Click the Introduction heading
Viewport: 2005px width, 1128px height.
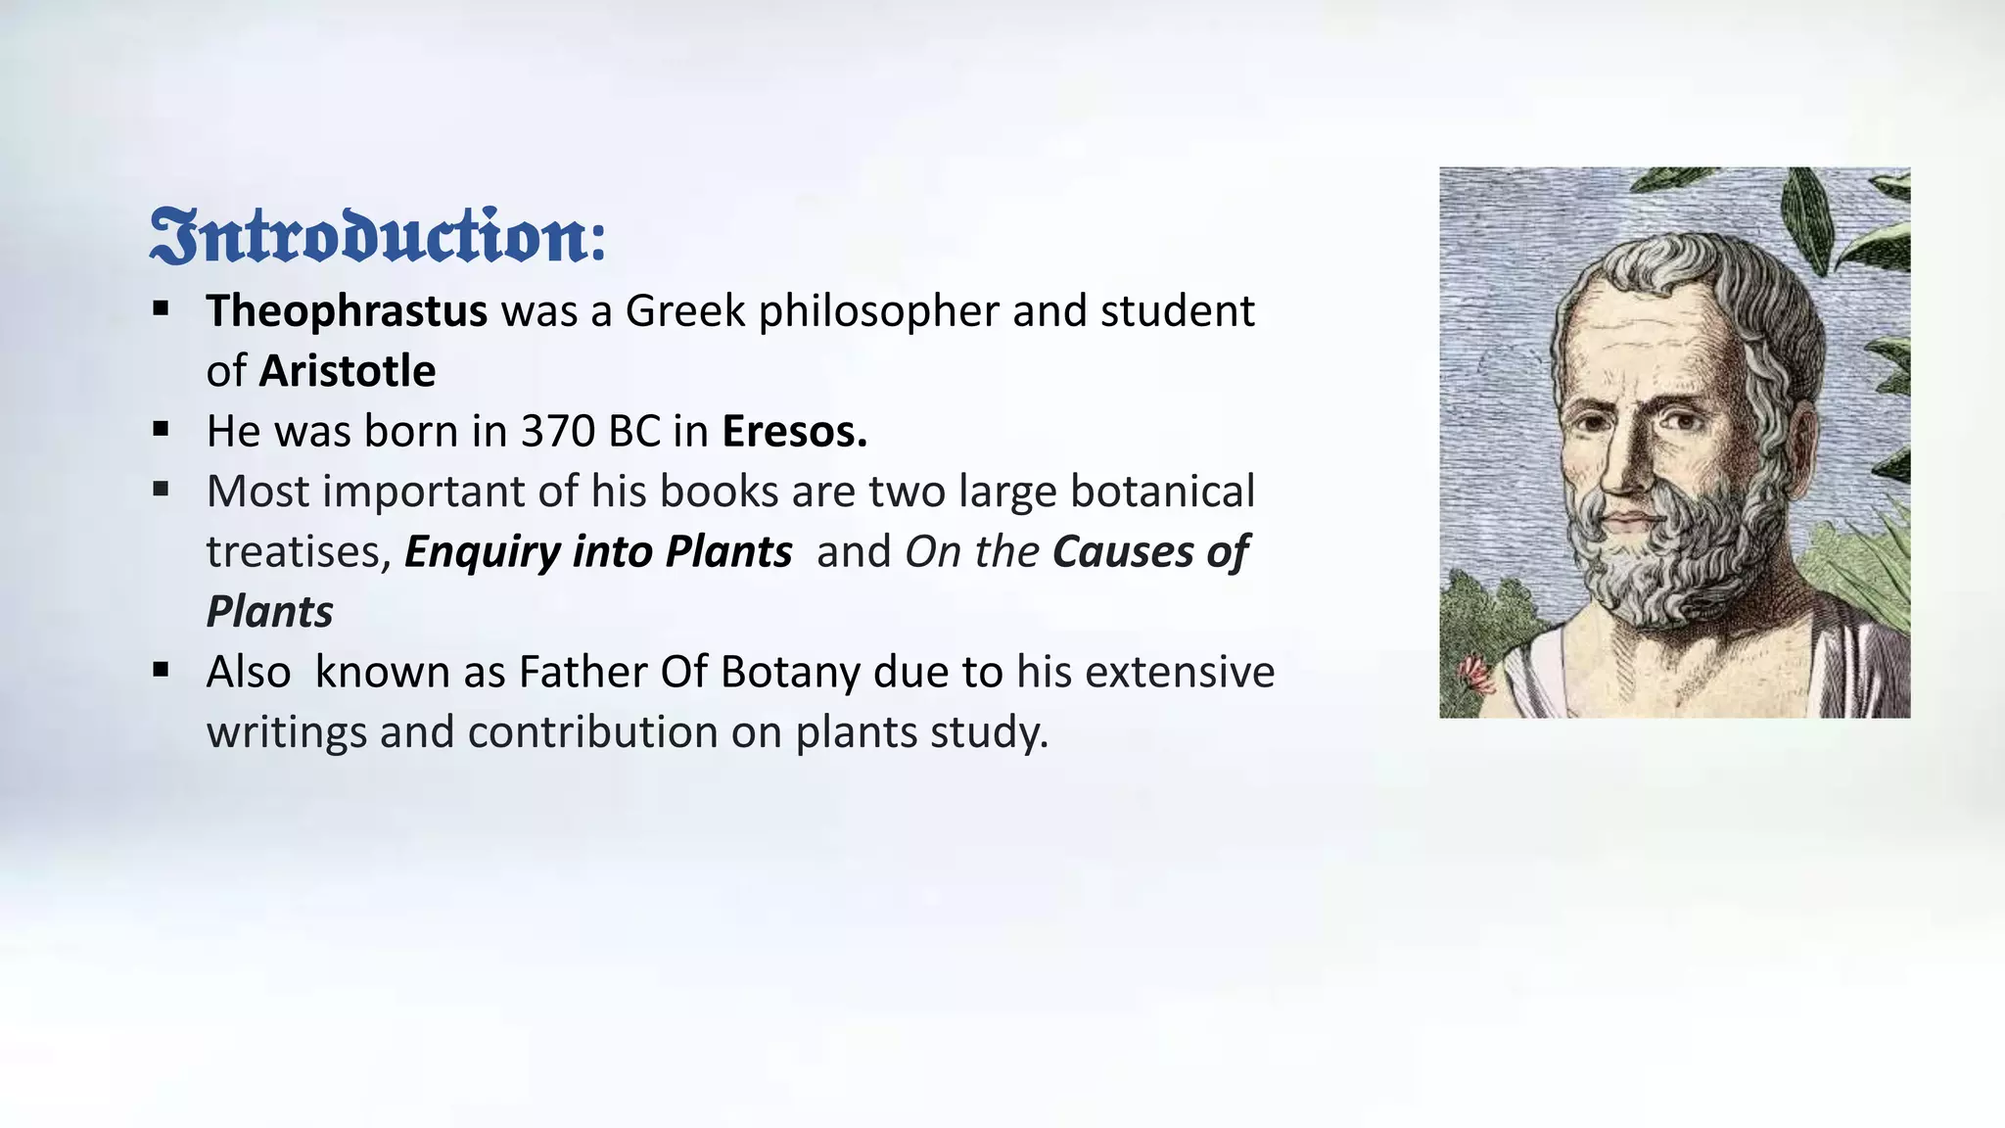[x=378, y=236]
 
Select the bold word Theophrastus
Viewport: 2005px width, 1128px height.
[x=347, y=311]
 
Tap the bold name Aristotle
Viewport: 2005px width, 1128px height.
[x=348, y=372]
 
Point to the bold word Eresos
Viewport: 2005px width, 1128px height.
[x=794, y=432]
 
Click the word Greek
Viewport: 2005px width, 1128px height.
[x=685, y=311]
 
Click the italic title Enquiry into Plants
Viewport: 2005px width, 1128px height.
[x=598, y=552]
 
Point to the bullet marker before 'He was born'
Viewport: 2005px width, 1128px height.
[x=162, y=429]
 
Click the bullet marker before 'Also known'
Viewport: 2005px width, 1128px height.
[x=162, y=671]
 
